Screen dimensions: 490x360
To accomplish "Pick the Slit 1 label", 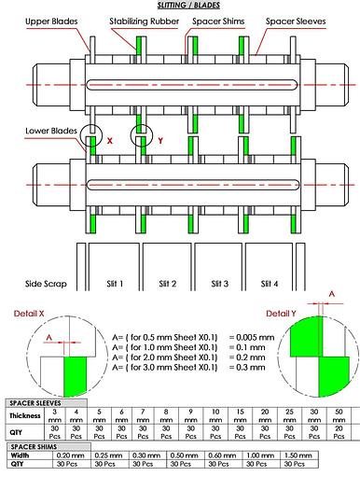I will click(x=114, y=283).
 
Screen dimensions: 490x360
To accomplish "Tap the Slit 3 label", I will click(x=220, y=283).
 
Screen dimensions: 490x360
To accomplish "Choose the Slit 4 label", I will click(x=272, y=283).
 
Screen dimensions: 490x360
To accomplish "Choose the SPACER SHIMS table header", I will click(x=34, y=446).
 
